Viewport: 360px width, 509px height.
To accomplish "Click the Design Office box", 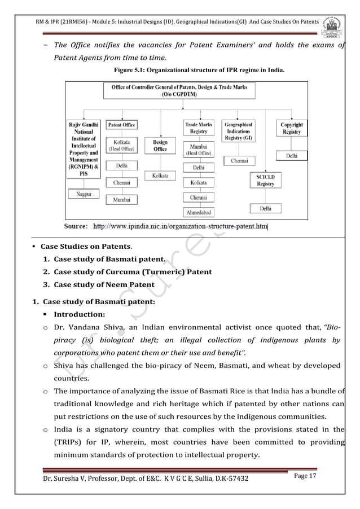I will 160,146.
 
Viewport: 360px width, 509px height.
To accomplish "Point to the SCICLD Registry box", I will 265,180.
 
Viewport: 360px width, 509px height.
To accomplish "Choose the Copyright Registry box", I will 291,128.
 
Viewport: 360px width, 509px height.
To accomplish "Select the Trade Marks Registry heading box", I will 199,128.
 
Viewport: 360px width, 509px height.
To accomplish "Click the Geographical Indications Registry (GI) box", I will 239,131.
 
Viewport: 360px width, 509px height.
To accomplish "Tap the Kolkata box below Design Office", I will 160,176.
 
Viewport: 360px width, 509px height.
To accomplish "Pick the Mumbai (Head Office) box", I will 199,148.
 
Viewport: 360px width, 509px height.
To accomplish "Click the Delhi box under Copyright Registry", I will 292,155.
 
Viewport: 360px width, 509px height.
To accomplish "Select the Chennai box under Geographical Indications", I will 239,161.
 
